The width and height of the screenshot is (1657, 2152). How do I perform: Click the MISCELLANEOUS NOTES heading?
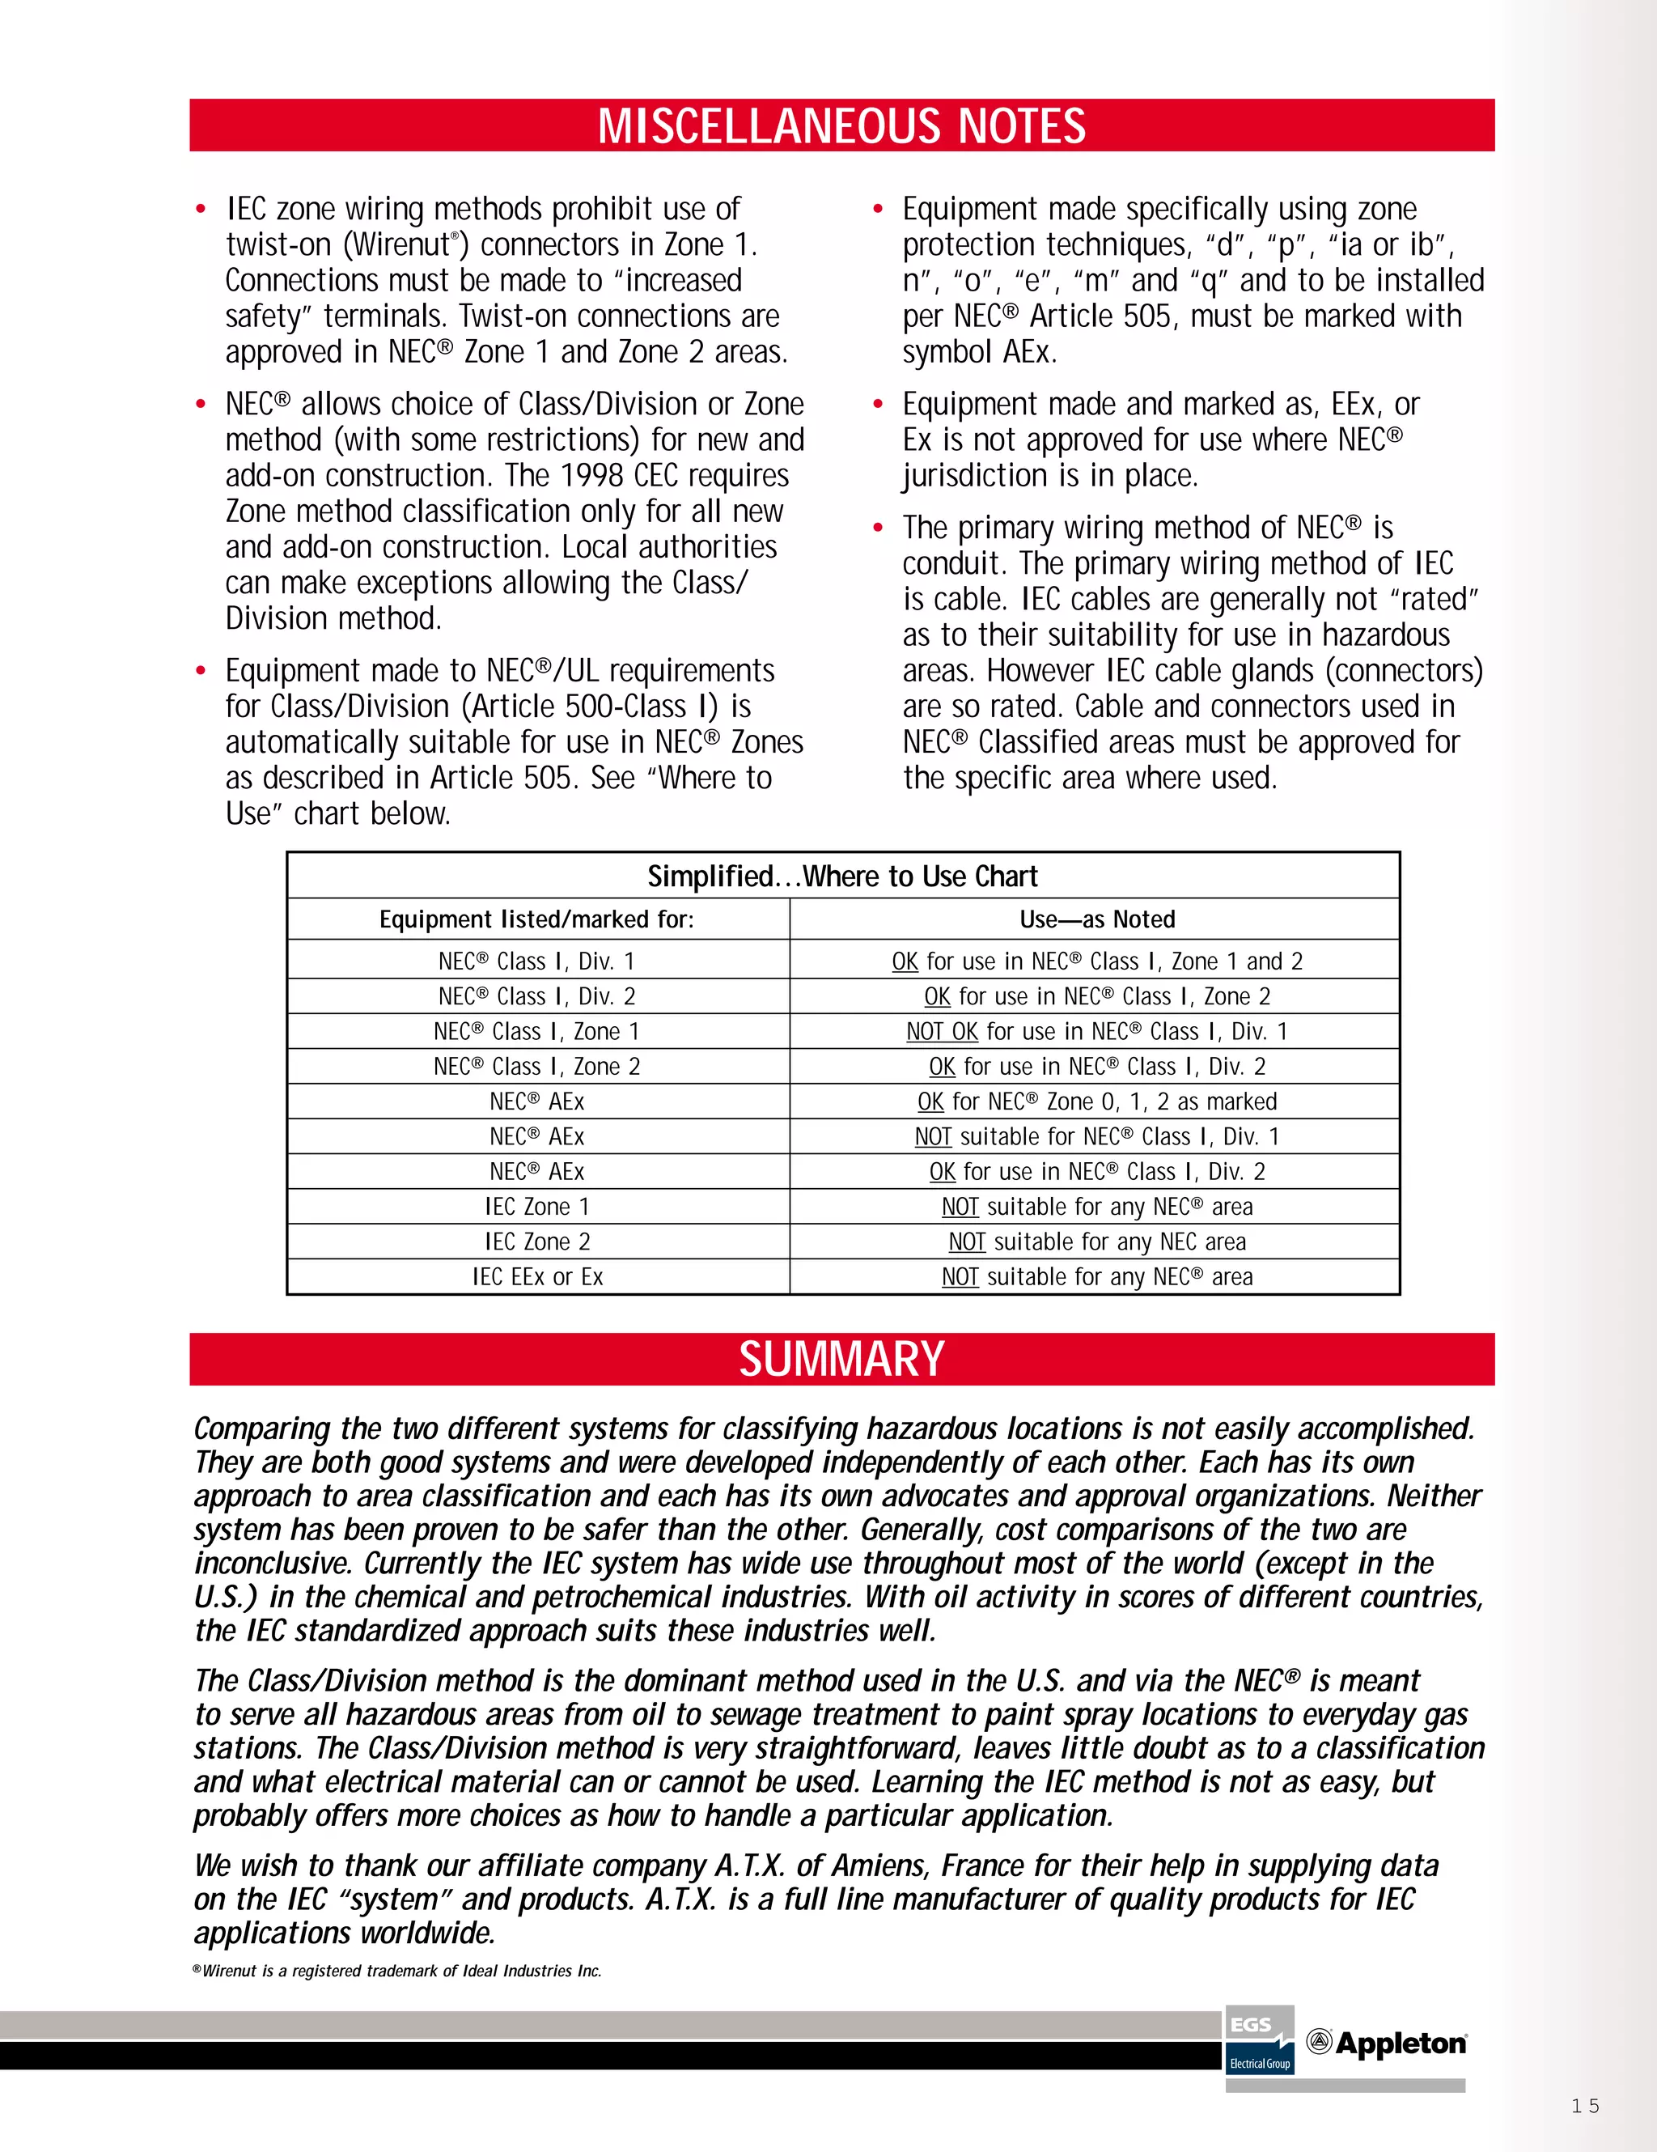841,126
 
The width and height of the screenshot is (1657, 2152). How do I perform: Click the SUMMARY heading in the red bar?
841,1359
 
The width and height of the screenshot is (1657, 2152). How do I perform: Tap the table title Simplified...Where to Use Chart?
842,876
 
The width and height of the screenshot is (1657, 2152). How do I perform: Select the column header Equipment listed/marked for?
537,919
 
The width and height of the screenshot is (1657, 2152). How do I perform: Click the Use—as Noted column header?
1096,919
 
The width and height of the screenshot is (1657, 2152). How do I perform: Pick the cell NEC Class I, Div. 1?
537,961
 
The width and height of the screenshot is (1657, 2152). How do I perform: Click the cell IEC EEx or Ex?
537,1277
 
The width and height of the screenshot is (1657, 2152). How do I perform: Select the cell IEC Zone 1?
537,1207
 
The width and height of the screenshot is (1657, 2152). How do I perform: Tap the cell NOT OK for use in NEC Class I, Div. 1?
1096,1032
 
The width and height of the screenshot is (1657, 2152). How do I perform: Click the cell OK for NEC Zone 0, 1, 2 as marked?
1096,1101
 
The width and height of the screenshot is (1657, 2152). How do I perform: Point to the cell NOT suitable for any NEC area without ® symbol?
1096,1242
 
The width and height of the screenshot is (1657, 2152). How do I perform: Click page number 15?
1585,2106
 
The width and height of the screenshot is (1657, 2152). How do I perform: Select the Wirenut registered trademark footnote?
397,1971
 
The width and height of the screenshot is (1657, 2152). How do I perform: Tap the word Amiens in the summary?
879,1865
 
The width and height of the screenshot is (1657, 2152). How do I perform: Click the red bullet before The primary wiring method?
878,528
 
